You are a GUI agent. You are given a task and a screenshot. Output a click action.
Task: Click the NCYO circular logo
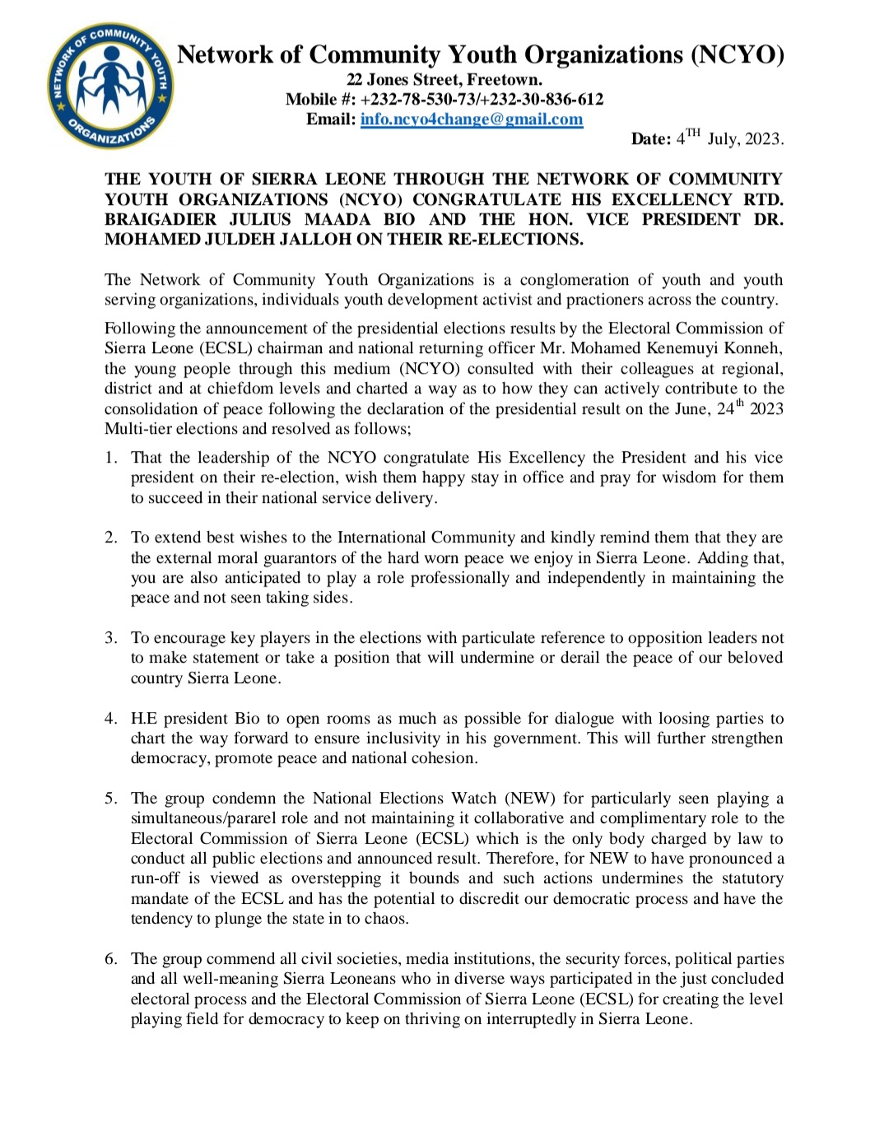point(110,86)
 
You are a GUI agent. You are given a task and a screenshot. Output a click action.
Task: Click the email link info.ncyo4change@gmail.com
point(472,119)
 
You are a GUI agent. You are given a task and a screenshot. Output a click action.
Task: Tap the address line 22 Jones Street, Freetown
point(444,80)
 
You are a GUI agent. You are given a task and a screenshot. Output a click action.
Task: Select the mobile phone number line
point(444,100)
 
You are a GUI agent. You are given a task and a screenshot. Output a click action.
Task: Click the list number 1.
point(110,458)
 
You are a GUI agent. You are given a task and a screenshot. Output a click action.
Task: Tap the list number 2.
point(110,538)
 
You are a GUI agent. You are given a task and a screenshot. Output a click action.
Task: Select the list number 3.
point(110,638)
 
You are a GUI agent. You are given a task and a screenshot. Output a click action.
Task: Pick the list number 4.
point(110,719)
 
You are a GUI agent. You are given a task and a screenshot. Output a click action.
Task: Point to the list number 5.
point(110,799)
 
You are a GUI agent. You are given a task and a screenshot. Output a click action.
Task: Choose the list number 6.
point(110,959)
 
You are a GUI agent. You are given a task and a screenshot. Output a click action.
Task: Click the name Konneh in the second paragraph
point(753,348)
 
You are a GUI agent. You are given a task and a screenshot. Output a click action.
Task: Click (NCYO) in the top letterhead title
point(737,55)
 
